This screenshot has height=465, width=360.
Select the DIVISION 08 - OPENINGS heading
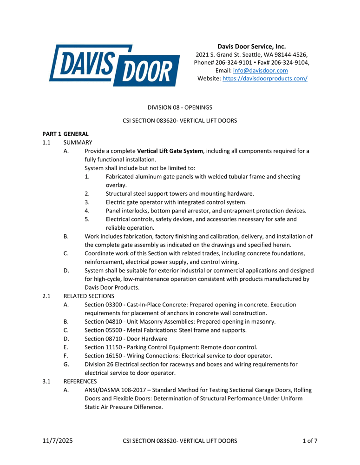pyautogui.click(x=180, y=107)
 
